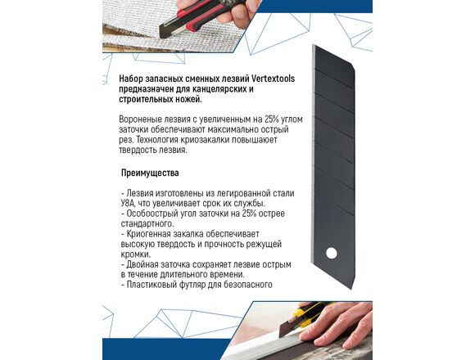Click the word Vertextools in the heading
coord(273,79)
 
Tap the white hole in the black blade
coord(331,253)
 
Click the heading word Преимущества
coord(150,173)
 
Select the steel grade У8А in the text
coord(127,203)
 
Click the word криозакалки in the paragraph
coord(206,140)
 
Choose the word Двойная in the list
coord(141,265)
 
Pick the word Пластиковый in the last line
coord(151,285)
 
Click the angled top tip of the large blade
coord(314,45)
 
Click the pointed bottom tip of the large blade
coord(352,289)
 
